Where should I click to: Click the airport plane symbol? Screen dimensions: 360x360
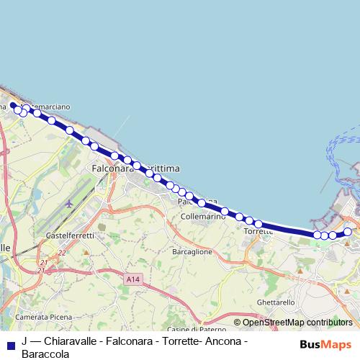(x=68, y=203)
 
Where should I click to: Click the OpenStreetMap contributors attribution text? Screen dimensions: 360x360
(x=297, y=323)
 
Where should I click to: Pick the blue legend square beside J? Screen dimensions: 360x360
(x=10, y=343)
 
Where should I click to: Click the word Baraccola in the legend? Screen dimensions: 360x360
(x=45, y=354)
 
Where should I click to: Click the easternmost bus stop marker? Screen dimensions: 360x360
(x=348, y=231)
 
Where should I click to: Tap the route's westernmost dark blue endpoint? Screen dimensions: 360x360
(x=13, y=105)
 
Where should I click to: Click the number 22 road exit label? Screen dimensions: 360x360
(x=62, y=253)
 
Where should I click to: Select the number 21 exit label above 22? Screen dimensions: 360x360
(x=42, y=263)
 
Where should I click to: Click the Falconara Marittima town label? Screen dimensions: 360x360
(x=136, y=168)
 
